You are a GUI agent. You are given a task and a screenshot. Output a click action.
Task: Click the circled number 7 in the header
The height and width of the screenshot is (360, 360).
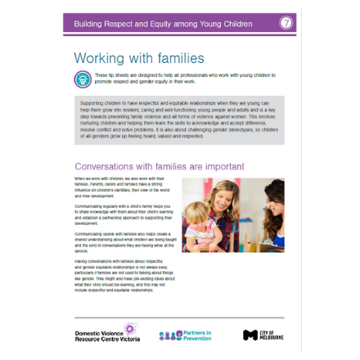click(286, 23)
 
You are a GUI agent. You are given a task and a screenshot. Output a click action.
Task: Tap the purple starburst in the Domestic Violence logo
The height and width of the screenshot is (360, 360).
click(129, 329)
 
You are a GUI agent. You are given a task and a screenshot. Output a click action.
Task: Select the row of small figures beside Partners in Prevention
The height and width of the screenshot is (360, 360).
click(170, 335)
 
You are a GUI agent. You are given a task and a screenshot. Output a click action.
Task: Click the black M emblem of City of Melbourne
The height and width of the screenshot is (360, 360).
click(250, 335)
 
